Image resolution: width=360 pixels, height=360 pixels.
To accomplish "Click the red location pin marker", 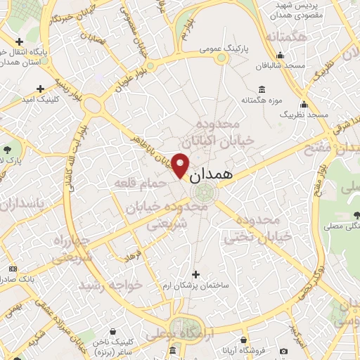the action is click(x=181, y=165).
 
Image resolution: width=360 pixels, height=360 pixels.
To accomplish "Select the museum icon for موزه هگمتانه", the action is click(x=262, y=89).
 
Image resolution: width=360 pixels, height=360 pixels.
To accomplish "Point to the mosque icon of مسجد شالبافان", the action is click(x=281, y=56).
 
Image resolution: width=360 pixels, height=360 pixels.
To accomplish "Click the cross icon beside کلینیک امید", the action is click(x=41, y=89).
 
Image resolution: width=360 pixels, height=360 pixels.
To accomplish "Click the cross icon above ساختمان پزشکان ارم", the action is click(x=195, y=274).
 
